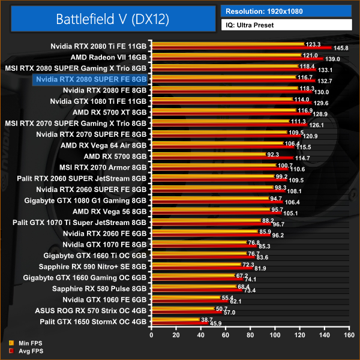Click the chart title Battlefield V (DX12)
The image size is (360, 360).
point(113,19)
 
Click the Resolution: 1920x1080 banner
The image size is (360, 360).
point(286,11)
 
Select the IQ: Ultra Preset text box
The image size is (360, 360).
point(286,25)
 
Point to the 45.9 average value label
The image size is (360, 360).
point(214,324)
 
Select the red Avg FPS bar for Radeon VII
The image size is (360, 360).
point(233,59)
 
